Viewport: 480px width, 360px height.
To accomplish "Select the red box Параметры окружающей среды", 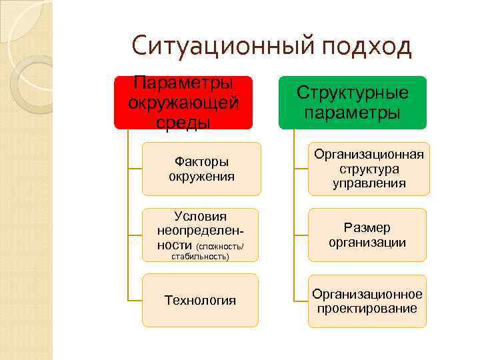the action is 183,103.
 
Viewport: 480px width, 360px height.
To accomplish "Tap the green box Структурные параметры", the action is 352,103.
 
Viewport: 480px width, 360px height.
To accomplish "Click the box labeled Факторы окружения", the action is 201,169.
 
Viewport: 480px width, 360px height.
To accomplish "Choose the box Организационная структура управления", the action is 369,169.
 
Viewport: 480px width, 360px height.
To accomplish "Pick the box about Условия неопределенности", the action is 201,234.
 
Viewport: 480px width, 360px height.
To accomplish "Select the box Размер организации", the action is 367,235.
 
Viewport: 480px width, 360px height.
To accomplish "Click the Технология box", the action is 201,300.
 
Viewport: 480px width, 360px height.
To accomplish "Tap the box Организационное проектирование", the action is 367,301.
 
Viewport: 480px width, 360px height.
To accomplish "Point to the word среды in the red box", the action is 183,123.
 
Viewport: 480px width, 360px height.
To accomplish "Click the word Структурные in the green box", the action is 352,93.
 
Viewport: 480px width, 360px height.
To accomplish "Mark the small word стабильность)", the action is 200,256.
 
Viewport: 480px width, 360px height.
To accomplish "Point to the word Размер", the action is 367,228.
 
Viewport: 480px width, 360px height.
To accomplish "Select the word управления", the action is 369,183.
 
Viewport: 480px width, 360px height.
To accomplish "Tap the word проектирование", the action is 367,308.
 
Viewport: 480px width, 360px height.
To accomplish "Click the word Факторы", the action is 201,161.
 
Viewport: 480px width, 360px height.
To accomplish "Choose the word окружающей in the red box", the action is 183,103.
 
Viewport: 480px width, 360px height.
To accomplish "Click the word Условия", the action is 200,216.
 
